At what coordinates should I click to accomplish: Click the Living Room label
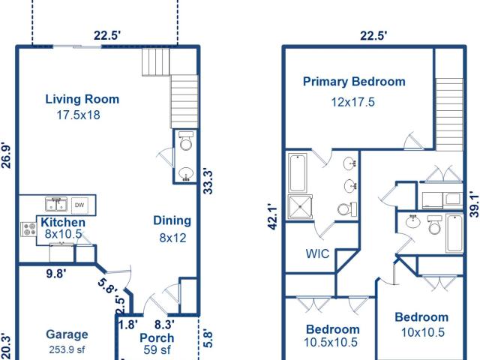pos(82,99)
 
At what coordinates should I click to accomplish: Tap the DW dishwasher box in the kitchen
pos(79,205)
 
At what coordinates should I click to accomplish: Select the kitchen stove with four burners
pos(28,229)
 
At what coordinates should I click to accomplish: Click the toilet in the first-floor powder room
pos(186,141)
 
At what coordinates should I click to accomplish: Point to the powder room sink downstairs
pos(185,174)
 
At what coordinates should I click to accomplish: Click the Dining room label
pos(172,220)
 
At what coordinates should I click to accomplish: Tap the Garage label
pos(67,334)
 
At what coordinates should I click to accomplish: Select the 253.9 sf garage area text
pos(67,349)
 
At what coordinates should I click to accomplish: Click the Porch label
pos(157,338)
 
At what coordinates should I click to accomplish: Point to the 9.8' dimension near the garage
pos(56,274)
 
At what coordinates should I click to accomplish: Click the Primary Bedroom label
pos(354,82)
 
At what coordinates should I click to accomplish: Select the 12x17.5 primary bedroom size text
pos(353,102)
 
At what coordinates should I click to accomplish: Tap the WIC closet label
pos(317,253)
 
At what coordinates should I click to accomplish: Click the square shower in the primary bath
pos(300,207)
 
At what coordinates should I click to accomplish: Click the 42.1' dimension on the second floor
pos(272,218)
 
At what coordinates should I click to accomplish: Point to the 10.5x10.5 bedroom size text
pos(330,342)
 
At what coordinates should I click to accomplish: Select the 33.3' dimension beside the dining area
pos(208,181)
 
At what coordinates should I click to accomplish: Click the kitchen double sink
pos(56,204)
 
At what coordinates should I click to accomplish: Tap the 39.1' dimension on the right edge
pos(474,205)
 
